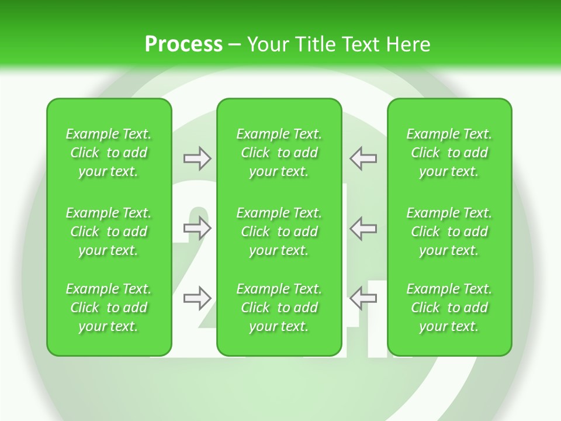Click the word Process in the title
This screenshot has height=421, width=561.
point(183,44)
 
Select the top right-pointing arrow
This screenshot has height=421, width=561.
point(198,158)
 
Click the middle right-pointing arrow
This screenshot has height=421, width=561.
point(198,228)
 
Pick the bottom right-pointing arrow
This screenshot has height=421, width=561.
point(198,298)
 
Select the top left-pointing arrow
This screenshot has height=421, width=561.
point(363,158)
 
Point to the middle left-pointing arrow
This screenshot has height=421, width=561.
point(363,228)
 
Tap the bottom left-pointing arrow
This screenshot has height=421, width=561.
point(363,298)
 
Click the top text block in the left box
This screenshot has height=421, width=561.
point(109,153)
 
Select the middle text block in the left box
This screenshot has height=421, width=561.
point(109,232)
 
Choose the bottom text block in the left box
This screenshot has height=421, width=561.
point(109,308)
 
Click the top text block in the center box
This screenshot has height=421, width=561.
point(279,153)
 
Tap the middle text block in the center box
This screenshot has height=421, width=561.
point(279,232)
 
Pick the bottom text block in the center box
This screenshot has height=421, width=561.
point(279,308)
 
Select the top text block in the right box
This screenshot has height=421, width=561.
point(449,153)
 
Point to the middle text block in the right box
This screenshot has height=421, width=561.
point(449,232)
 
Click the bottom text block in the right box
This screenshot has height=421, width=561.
point(449,308)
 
